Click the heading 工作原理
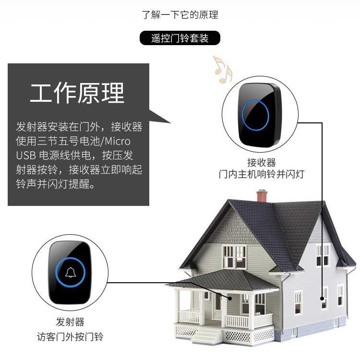click(77, 93)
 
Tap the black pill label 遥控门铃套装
click(180, 38)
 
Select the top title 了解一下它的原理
click(180, 14)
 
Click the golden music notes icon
click(222, 69)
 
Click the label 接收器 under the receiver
click(262, 162)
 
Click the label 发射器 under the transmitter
click(70, 322)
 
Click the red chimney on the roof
click(262, 195)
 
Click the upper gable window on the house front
click(235, 257)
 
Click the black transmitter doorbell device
click(70, 272)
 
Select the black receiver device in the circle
click(260, 115)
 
